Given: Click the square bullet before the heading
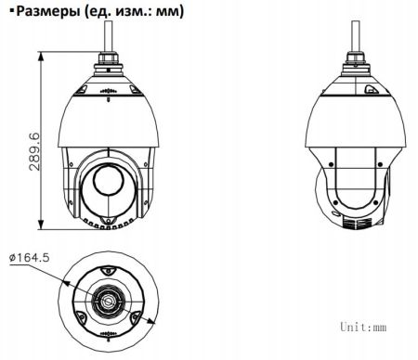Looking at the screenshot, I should (x=6, y=12).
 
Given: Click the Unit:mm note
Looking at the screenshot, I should (x=361, y=328).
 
